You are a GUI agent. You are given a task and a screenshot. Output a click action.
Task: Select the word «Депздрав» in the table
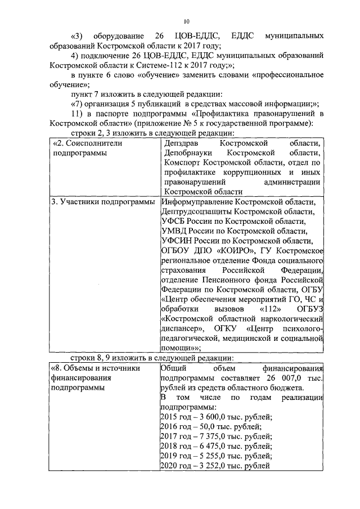click(x=178, y=143)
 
